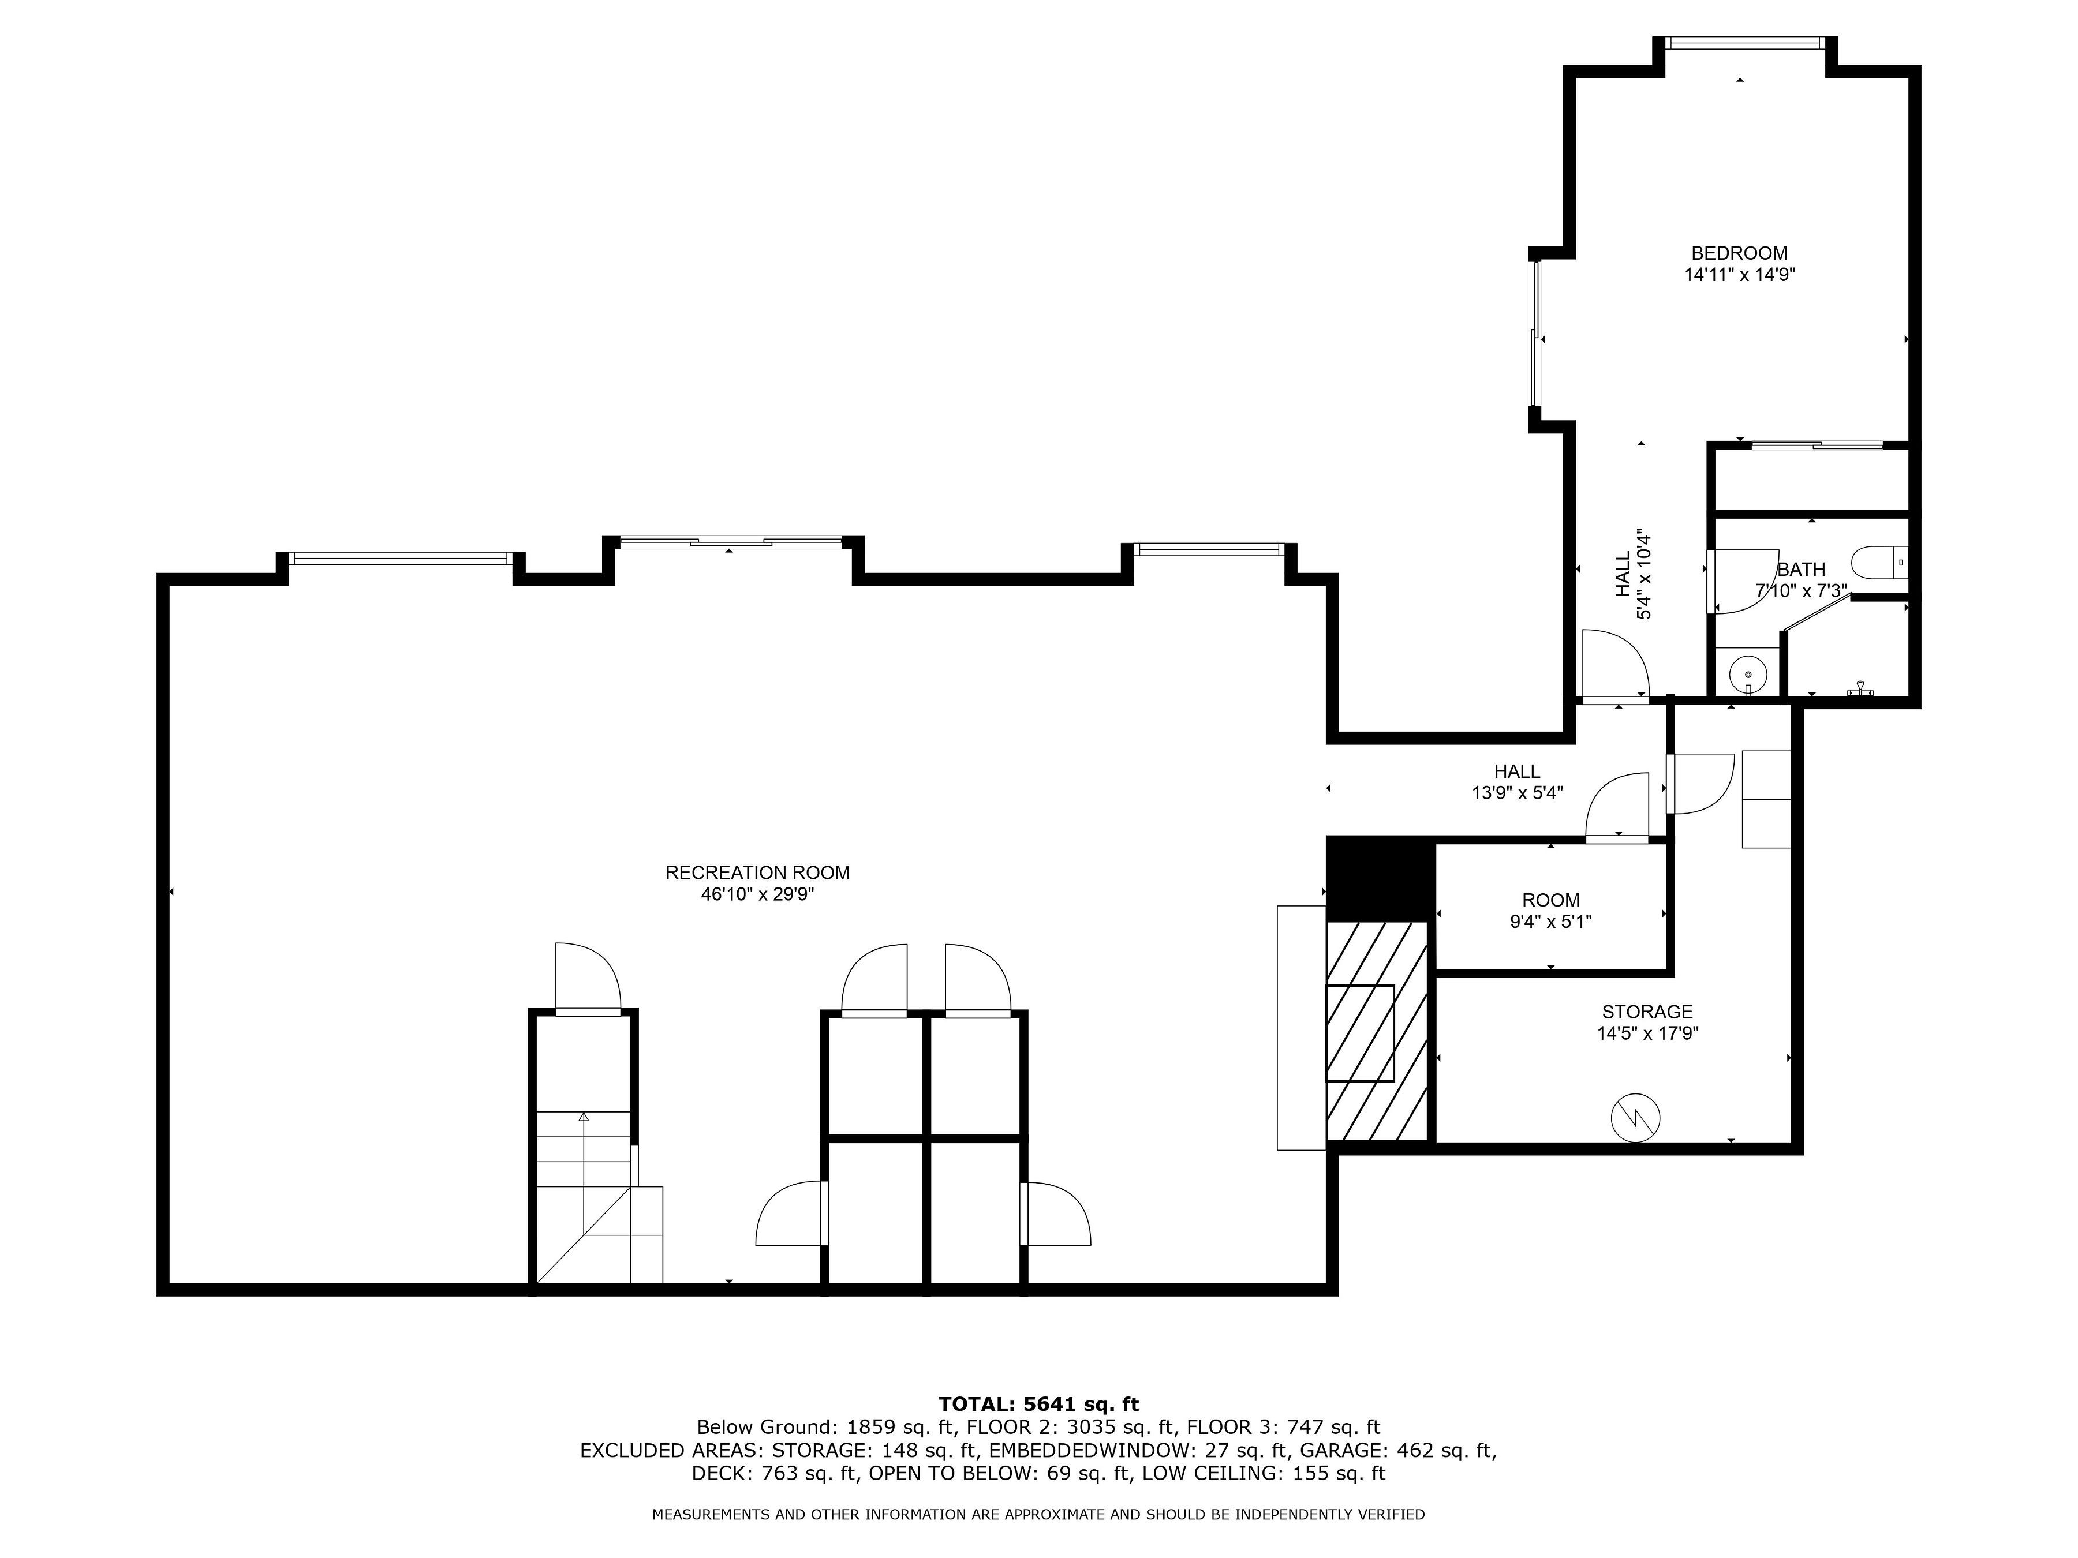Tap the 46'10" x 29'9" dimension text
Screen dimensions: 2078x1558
pos(757,895)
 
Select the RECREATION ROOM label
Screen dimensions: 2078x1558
pos(757,872)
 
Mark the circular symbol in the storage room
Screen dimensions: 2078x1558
pos(1635,1118)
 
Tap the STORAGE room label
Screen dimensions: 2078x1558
pos(1647,1012)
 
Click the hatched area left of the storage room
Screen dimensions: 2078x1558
pos(1377,1031)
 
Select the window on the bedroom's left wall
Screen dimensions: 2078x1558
pos(1535,334)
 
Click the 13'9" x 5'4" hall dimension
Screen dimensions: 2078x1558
pos(1517,793)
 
